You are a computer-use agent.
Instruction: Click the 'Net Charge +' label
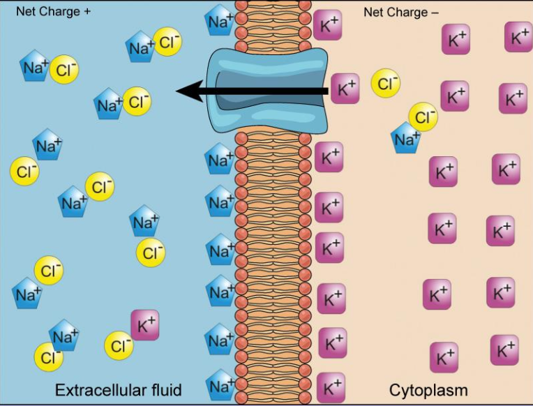[x=53, y=12]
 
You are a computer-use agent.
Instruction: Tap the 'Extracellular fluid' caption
[x=118, y=389]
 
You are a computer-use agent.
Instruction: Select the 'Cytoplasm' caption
[x=428, y=389]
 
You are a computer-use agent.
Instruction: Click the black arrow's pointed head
[x=183, y=91]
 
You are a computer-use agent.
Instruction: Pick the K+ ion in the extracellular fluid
[x=144, y=325]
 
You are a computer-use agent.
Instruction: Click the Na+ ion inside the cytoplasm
[x=406, y=139]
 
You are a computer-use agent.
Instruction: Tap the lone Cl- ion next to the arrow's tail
[x=386, y=83]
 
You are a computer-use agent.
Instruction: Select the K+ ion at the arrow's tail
[x=345, y=89]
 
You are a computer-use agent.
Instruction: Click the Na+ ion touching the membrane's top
[x=220, y=23]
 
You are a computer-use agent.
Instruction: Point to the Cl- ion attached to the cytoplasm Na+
[x=423, y=116]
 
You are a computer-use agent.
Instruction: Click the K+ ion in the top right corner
[x=518, y=36]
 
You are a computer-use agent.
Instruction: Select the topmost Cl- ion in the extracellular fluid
[x=167, y=43]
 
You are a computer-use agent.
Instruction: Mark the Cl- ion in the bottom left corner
[x=48, y=358]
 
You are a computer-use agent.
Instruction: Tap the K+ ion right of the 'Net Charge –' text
[x=455, y=39]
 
